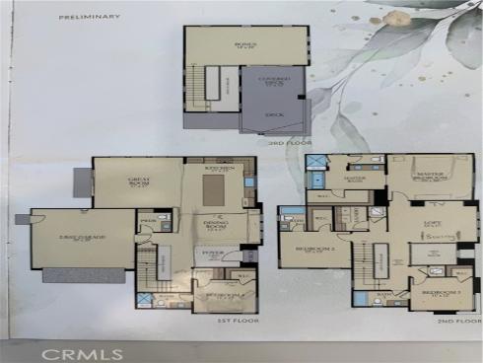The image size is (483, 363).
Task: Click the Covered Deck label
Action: (x=273, y=84)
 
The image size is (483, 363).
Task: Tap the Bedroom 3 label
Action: (x=434, y=294)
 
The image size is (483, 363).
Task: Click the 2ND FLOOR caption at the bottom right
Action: (x=455, y=322)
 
